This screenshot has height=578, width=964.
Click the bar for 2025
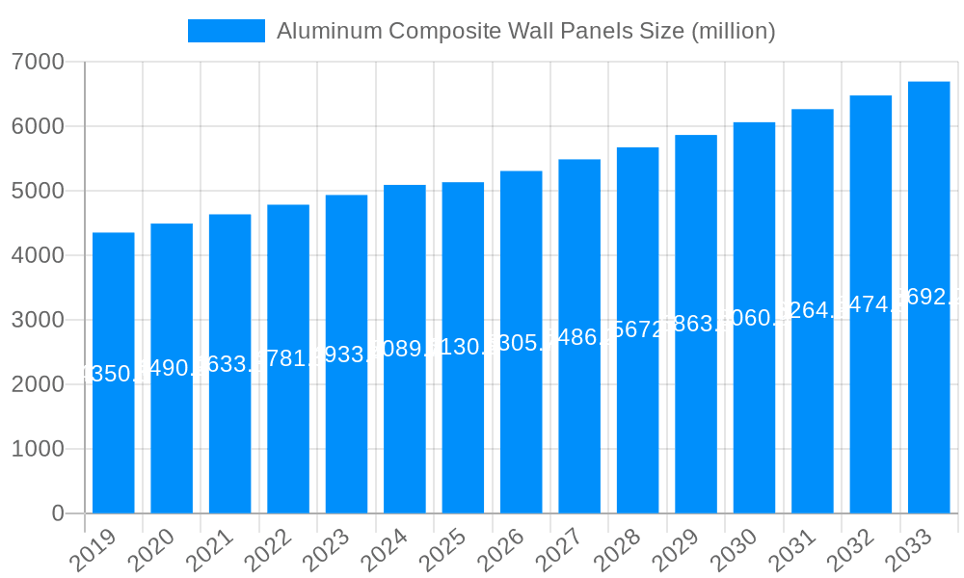463,424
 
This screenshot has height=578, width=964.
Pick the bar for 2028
638,424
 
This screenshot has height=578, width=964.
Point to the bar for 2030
754,424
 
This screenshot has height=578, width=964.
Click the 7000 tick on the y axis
38,63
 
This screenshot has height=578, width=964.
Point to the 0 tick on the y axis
57,513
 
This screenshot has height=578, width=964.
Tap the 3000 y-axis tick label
38,320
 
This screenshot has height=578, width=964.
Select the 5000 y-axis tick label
38,192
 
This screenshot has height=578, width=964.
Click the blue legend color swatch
226,31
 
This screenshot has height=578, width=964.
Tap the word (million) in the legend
734,31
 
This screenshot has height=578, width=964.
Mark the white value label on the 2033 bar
929,297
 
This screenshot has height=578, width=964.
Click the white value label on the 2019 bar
114,374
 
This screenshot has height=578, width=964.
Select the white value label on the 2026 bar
522,343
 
